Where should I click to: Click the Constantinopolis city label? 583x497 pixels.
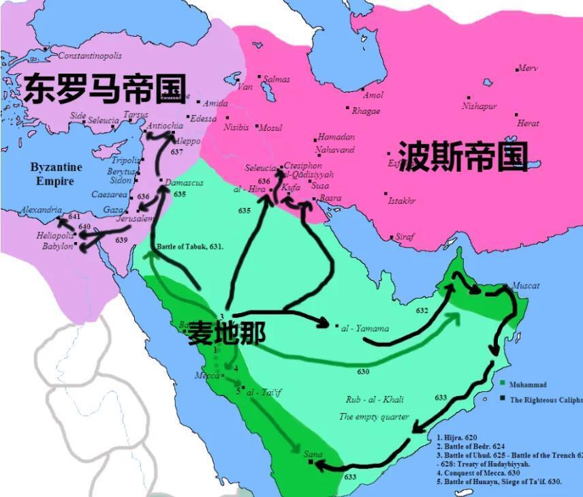click(x=90, y=55)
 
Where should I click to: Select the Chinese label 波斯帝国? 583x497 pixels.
click(x=462, y=157)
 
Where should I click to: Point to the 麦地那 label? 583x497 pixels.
click(x=227, y=332)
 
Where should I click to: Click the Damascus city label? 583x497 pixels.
click(x=183, y=183)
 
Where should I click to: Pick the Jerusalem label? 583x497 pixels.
click(x=135, y=219)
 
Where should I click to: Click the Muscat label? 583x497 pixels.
click(x=525, y=286)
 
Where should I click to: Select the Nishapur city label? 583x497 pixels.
click(x=479, y=106)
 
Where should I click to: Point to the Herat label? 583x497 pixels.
click(x=528, y=123)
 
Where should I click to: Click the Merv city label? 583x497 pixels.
click(x=528, y=68)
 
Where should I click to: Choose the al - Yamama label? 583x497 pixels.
click(x=366, y=329)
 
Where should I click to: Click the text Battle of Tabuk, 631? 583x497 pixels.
click(x=190, y=246)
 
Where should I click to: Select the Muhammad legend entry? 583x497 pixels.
click(x=528, y=385)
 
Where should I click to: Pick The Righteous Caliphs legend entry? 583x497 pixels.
click(x=546, y=400)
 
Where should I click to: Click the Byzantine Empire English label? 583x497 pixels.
click(x=56, y=174)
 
